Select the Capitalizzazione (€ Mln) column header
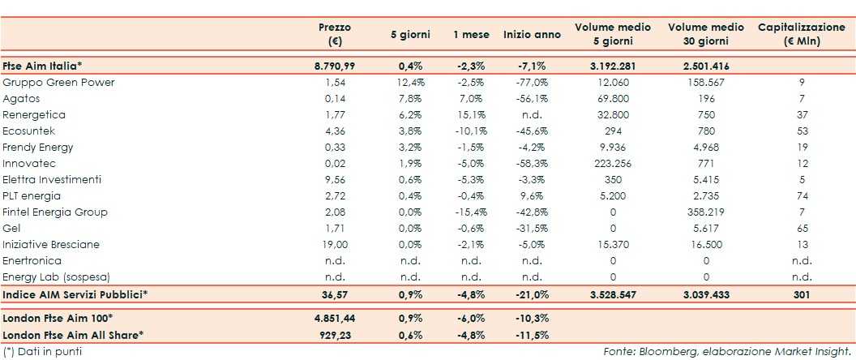pyautogui.click(x=801, y=33)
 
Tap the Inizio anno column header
pyautogui.click(x=531, y=34)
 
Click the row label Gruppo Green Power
pyautogui.click(x=58, y=83)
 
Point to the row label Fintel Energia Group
pyautogui.click(x=55, y=212)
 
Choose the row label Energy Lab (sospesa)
pyautogui.click(x=55, y=277)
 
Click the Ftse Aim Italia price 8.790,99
pyautogui.click(x=334, y=66)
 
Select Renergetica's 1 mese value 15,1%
pyautogui.click(x=473, y=115)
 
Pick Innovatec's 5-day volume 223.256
pyautogui.click(x=613, y=164)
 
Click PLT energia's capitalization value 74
pyautogui.click(x=801, y=196)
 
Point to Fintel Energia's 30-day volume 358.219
pyautogui.click(x=706, y=212)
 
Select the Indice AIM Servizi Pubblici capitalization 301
pyautogui.click(x=801, y=294)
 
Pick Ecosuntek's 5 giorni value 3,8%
pyautogui.click(x=413, y=131)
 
